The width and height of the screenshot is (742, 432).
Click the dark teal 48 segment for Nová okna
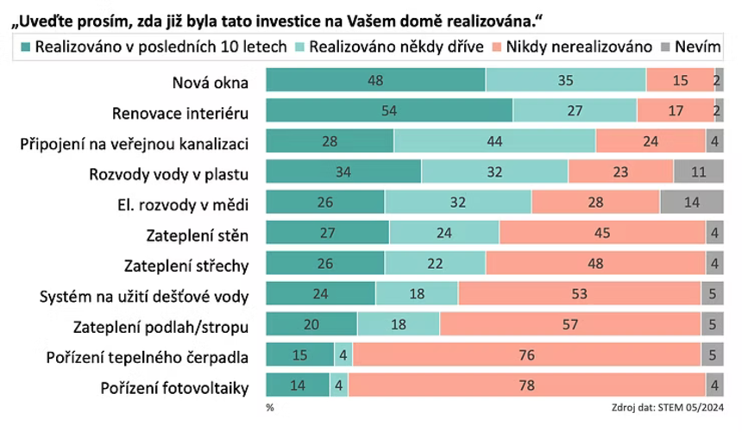(375, 80)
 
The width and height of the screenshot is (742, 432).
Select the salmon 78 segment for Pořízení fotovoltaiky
(526, 385)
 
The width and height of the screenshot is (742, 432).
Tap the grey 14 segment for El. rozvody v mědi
(691, 202)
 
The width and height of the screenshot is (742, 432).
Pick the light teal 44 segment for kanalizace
(494, 141)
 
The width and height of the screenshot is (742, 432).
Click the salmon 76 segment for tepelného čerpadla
(526, 354)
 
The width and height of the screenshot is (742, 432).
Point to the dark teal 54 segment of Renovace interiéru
(389, 111)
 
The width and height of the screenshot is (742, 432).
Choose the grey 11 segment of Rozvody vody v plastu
(698, 172)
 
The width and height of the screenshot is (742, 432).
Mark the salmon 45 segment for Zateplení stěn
(600, 233)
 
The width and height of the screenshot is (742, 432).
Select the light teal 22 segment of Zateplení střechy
(435, 263)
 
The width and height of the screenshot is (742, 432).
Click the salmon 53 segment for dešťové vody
(579, 293)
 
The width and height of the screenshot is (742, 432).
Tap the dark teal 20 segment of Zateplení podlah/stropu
(311, 324)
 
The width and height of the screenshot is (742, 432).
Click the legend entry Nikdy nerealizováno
(572, 47)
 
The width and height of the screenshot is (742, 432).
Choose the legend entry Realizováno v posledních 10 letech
(154, 47)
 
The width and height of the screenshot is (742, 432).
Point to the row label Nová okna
(210, 84)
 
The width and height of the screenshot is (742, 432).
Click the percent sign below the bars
(270, 406)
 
